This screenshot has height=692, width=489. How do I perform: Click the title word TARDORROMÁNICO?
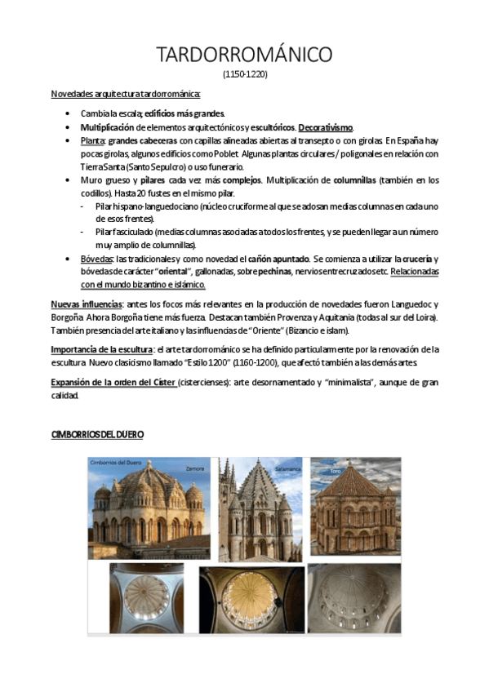pyautogui.click(x=245, y=55)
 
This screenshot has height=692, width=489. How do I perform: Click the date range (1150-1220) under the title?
pyautogui.click(x=245, y=74)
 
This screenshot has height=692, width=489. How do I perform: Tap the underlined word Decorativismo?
pyautogui.click(x=326, y=127)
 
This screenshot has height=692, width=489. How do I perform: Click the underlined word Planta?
pyautogui.click(x=92, y=140)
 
